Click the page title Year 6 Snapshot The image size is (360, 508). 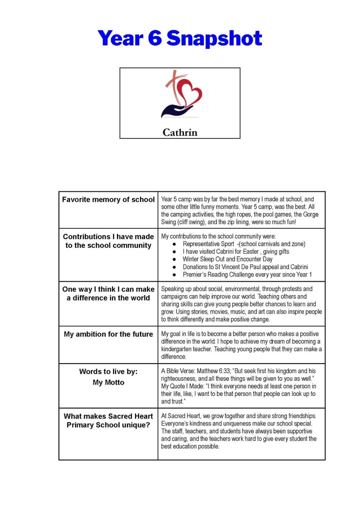(179, 38)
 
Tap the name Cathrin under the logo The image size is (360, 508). (179, 132)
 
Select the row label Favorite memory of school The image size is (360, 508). (108, 200)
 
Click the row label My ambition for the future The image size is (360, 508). (108, 334)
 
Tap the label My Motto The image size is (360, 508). (108, 383)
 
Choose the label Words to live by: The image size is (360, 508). (108, 372)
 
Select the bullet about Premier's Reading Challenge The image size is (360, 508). (247, 275)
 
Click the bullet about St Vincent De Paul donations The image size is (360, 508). (245, 267)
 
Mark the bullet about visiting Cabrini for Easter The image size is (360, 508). (235, 252)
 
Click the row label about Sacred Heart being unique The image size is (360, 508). (108, 421)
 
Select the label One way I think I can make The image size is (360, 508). (108, 289)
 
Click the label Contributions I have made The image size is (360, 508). (108, 237)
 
